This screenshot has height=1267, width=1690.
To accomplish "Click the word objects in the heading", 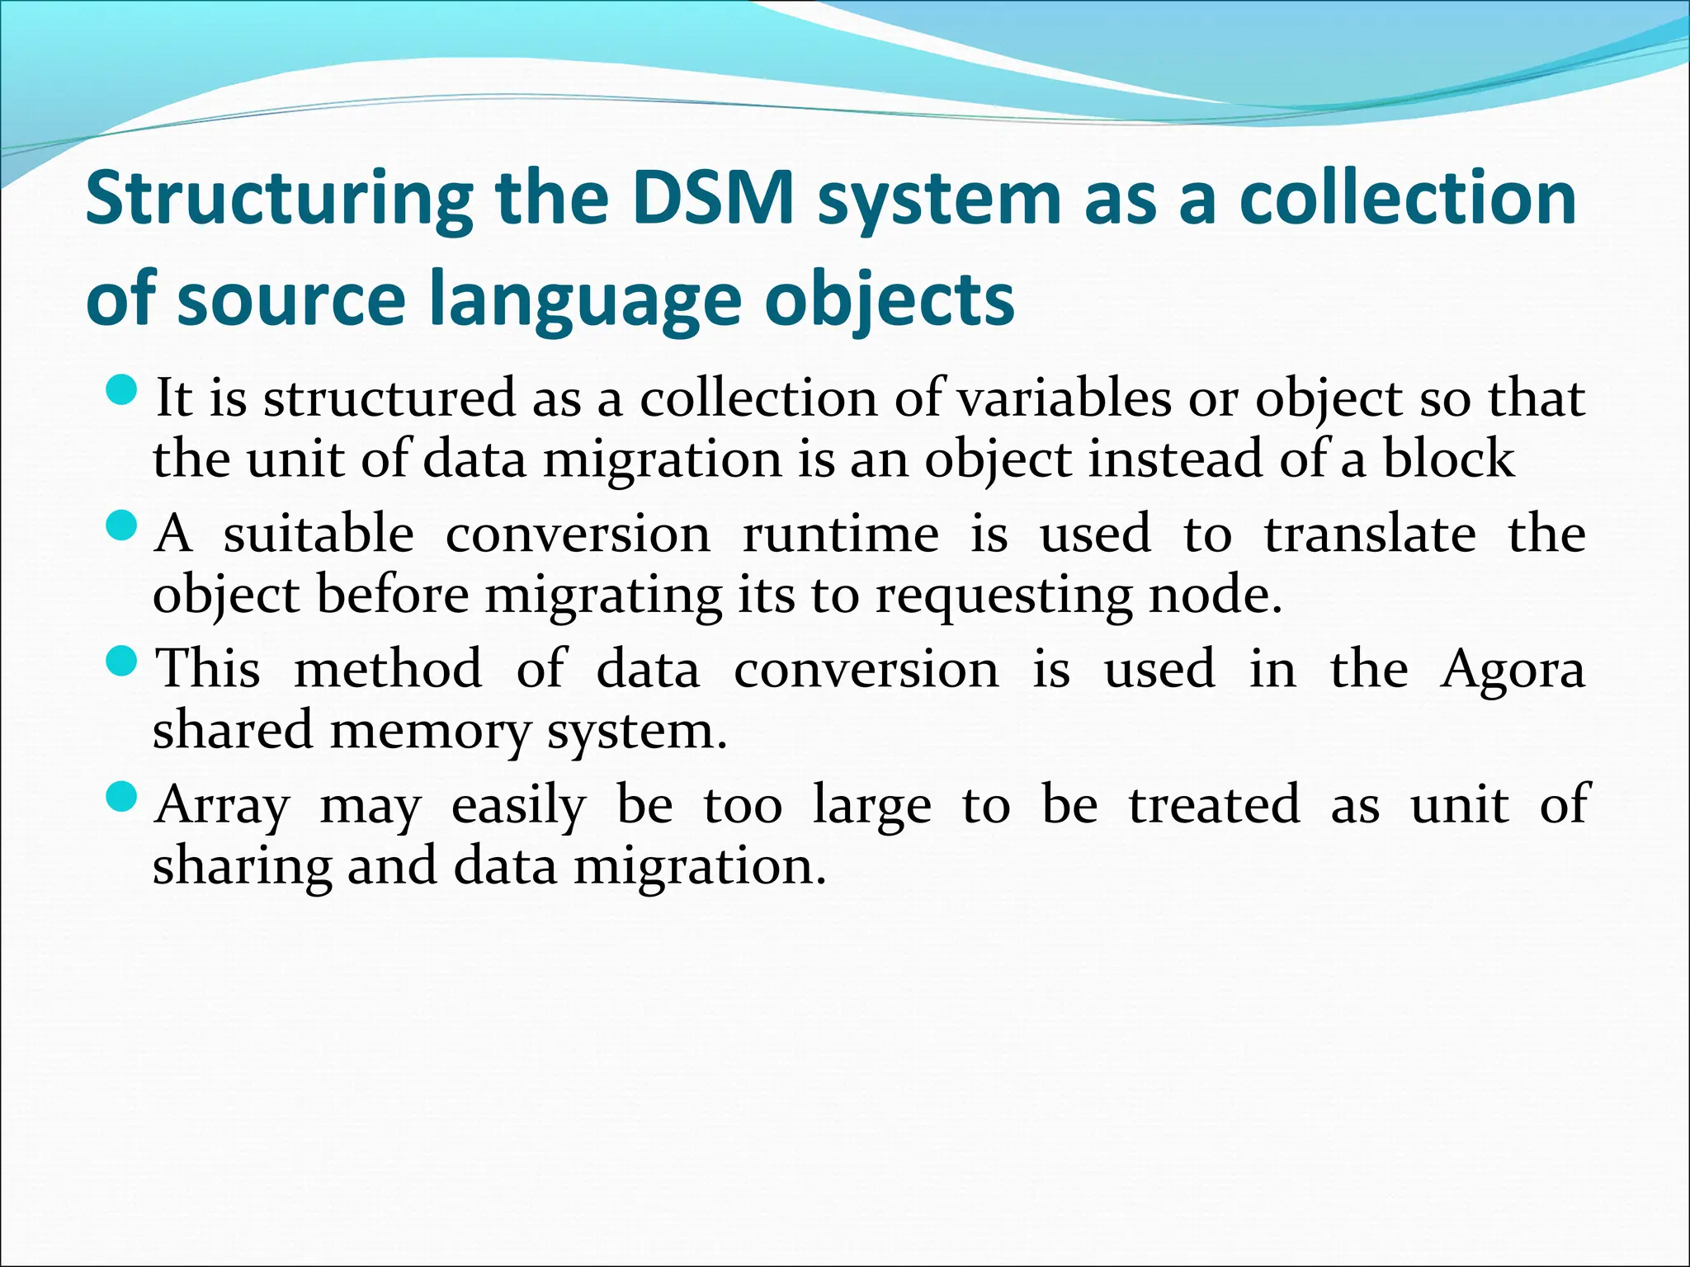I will coord(889,301).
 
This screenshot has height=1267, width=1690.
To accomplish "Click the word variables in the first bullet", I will coord(1064,398).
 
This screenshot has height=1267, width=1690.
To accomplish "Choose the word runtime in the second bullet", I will coord(841,534).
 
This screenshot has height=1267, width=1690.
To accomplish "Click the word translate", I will coord(1370,534).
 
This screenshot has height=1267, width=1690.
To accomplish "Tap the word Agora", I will coord(1513,671).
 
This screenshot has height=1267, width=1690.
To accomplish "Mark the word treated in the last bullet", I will coord(1214,804).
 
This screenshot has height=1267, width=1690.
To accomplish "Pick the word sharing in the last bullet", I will coord(243,868).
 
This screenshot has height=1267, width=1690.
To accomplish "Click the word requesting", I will coord(1003,596).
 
